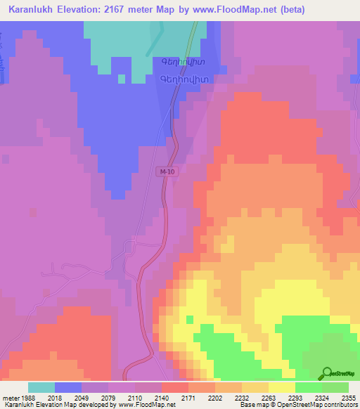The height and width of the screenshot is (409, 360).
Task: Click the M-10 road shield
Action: (x=167, y=172)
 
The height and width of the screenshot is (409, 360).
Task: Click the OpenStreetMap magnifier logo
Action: (x=327, y=373)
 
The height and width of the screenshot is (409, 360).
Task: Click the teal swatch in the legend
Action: (x=41, y=387)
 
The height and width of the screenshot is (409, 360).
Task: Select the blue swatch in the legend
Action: (x=67, y=387)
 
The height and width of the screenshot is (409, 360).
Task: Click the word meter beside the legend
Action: (x=11, y=397)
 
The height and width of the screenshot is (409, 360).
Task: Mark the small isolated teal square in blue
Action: (x=121, y=79)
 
